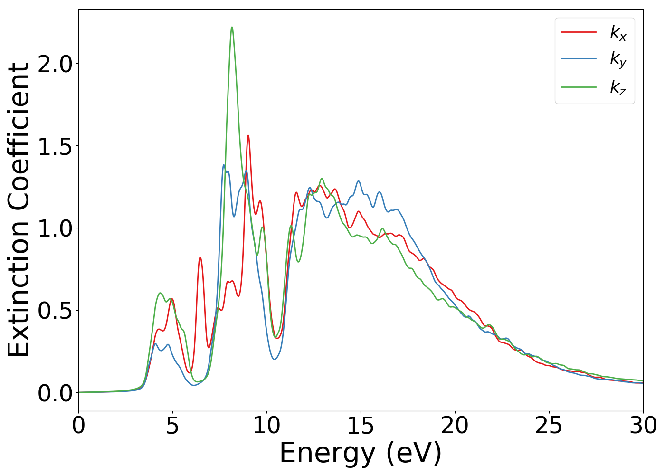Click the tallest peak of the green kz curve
[232, 28]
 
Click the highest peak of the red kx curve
[248, 136]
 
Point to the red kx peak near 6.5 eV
[200, 257]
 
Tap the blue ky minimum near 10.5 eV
[275, 359]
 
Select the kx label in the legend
[618, 33]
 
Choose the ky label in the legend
[618, 60]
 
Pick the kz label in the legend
[618, 87]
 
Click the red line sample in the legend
[579, 32]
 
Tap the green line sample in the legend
[579, 87]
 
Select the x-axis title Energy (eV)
[361, 453]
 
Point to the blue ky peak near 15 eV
[358, 181]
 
